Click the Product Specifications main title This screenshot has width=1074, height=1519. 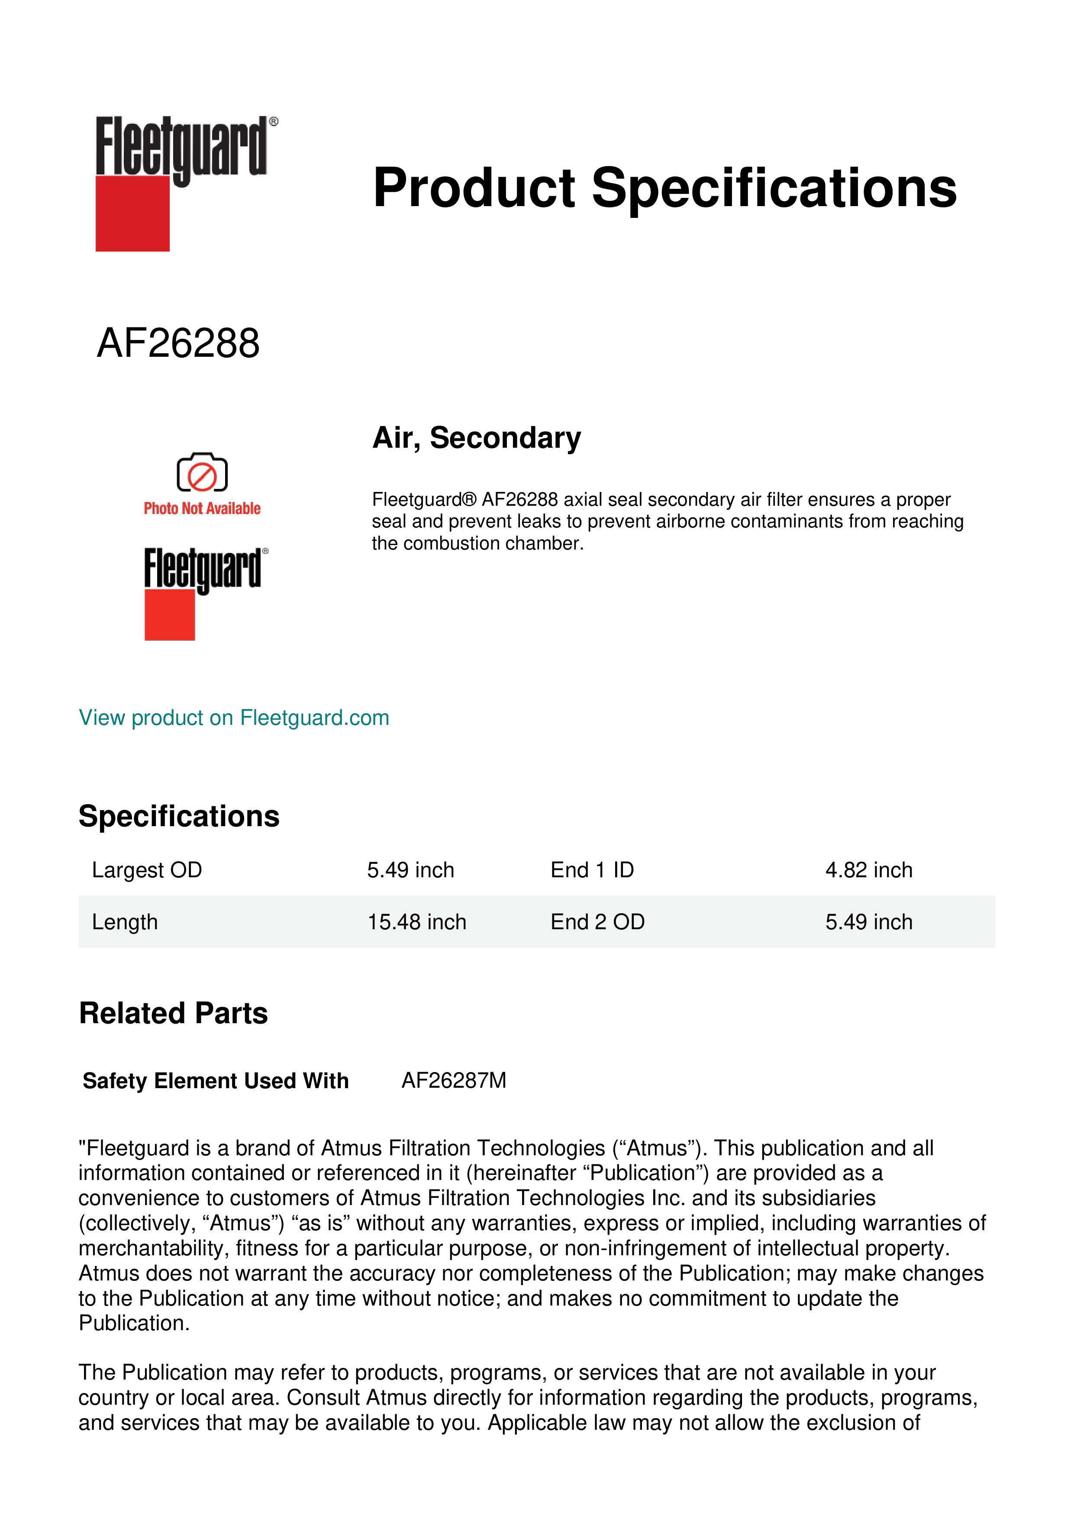(x=664, y=188)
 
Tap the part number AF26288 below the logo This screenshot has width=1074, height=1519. (x=178, y=343)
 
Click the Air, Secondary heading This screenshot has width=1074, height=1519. (x=476, y=438)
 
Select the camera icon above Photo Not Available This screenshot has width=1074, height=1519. (x=202, y=472)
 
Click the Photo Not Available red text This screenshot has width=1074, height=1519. (x=202, y=508)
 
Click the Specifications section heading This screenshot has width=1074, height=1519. (x=178, y=816)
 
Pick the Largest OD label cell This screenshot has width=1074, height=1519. (x=147, y=870)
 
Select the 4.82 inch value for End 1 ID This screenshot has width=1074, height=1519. (x=868, y=870)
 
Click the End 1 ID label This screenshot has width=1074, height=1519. (x=592, y=870)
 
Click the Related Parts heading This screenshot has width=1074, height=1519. (x=173, y=1014)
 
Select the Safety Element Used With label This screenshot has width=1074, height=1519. (x=216, y=1081)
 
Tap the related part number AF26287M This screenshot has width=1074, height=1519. (x=454, y=1080)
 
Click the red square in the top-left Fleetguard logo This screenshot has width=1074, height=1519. (x=132, y=214)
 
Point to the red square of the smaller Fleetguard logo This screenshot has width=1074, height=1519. (x=169, y=615)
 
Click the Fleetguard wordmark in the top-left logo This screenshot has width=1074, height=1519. (x=182, y=145)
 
